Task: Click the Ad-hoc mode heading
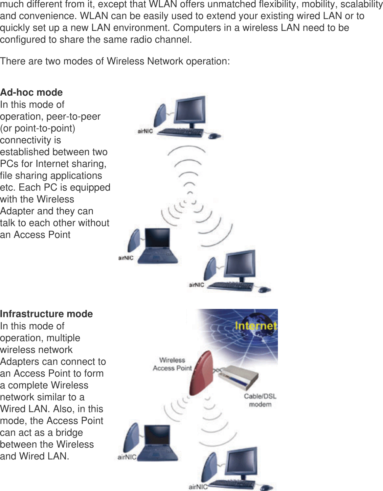tap(32, 92)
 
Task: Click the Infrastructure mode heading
tap(46, 314)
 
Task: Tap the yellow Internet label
tap(256, 326)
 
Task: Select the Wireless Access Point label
tap(172, 364)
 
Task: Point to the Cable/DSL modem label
tap(260, 400)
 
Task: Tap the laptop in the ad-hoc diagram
tap(157, 247)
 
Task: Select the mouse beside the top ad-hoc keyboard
tap(214, 136)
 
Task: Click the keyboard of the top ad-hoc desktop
tap(180, 132)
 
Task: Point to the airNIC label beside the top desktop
tap(145, 131)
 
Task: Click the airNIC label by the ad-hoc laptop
tap(126, 258)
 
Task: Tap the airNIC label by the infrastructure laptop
tap(127, 457)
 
